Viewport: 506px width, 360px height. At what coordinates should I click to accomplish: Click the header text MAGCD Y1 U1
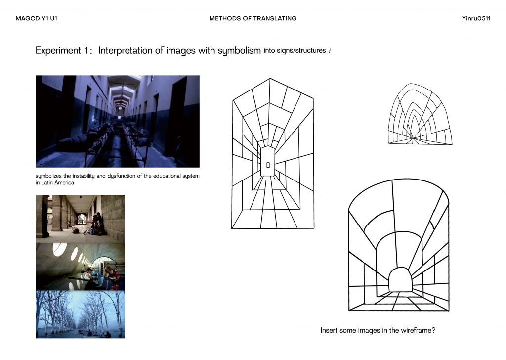pyautogui.click(x=36, y=18)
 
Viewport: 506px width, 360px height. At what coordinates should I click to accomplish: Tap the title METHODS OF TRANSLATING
pyautogui.click(x=253, y=18)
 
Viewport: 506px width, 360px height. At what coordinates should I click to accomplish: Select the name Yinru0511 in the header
pyautogui.click(x=476, y=18)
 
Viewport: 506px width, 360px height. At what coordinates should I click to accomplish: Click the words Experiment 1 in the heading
pyautogui.click(x=64, y=51)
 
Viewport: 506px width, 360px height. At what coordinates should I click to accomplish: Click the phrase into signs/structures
pyautogui.click(x=295, y=51)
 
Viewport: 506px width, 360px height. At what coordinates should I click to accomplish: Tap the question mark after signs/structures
pyautogui.click(x=330, y=51)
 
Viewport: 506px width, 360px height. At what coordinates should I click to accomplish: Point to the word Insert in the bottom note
pyautogui.click(x=329, y=330)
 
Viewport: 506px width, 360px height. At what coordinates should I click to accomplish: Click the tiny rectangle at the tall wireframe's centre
pyautogui.click(x=268, y=165)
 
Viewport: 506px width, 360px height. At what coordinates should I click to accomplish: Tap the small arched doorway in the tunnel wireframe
pyautogui.click(x=400, y=279)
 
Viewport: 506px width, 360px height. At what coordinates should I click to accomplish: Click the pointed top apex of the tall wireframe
pyautogui.click(x=270, y=79)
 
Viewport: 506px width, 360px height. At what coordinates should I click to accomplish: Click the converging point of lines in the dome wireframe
pyautogui.click(x=413, y=138)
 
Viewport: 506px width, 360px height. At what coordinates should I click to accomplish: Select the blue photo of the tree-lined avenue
pyautogui.click(x=80, y=315)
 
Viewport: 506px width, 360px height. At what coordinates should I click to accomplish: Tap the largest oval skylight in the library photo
pyautogui.click(x=59, y=249)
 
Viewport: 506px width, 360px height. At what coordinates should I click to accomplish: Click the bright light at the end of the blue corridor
pyautogui.click(x=120, y=108)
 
